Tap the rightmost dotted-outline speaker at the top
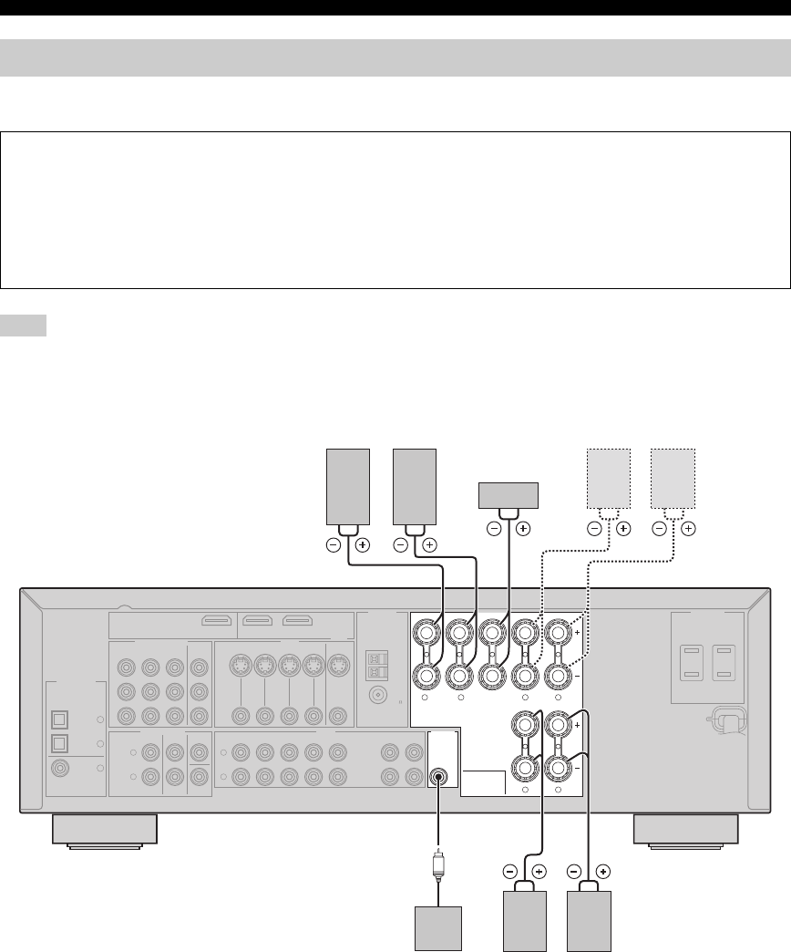tap(673, 478)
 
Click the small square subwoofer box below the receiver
tap(438, 926)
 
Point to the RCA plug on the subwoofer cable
tap(438, 862)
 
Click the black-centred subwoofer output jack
tap(439, 778)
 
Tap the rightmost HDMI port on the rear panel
tap(297, 623)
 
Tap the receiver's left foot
tap(105, 829)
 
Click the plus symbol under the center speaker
tap(524, 528)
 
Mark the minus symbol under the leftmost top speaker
tap(334, 544)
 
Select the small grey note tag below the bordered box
tap(24, 326)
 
